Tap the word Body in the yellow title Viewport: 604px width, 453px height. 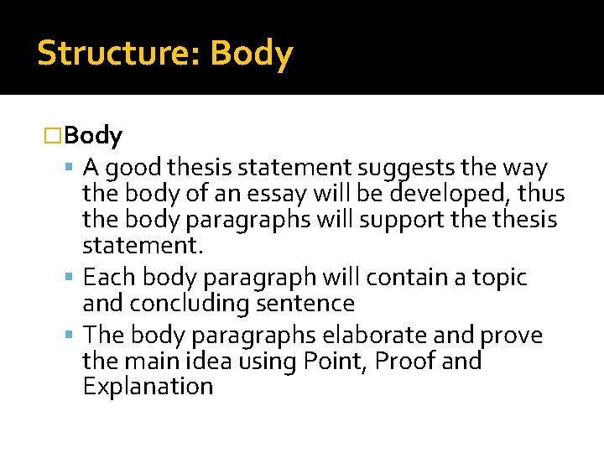[x=252, y=53]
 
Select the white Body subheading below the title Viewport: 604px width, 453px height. [x=93, y=134]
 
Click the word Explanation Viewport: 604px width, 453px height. [x=148, y=386]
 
